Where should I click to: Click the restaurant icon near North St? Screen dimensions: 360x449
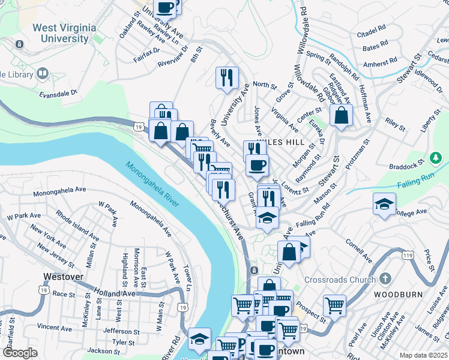tap(227, 77)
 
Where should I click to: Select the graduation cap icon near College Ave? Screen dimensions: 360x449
tap(384, 204)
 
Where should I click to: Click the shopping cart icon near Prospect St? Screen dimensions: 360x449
tap(334, 305)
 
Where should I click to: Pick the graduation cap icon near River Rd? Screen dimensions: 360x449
tap(199, 339)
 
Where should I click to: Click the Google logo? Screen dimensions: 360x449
tap(20, 353)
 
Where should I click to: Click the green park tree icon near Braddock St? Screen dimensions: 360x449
tap(437, 158)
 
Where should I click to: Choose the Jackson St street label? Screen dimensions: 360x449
tap(100, 350)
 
